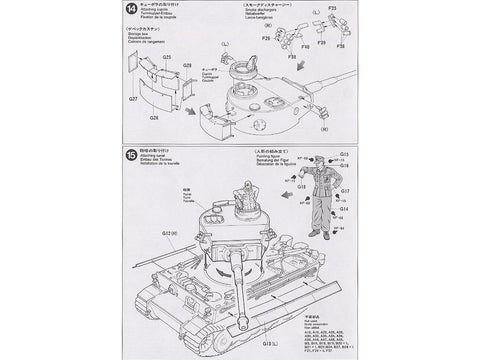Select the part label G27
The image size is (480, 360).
point(132,100)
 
